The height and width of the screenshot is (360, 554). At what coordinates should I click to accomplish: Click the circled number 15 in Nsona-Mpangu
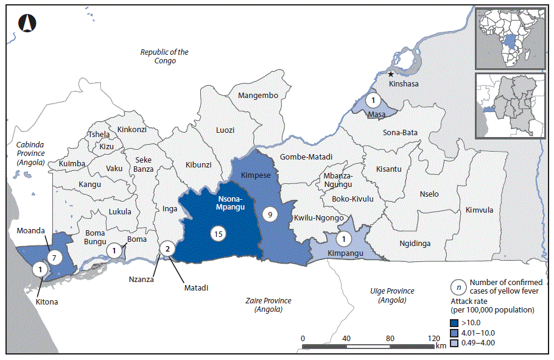(x=217, y=233)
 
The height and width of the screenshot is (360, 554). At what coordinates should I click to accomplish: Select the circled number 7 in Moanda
(x=54, y=258)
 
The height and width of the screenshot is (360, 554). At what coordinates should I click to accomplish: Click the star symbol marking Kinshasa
(x=391, y=74)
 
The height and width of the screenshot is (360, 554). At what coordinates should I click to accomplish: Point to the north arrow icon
(x=26, y=23)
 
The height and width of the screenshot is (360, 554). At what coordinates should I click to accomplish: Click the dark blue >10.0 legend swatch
(x=455, y=323)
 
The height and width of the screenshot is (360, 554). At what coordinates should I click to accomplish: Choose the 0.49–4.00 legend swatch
(x=455, y=342)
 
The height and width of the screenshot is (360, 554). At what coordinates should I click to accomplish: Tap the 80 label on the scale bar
(x=390, y=338)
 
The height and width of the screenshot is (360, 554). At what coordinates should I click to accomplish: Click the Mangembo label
(x=258, y=96)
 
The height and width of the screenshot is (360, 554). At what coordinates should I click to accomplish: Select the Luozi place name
(x=225, y=130)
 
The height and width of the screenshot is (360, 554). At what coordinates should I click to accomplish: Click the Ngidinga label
(x=415, y=243)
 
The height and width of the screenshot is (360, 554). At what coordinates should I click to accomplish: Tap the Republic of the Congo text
(x=164, y=57)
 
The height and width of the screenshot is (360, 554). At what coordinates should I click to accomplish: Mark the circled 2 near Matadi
(x=166, y=248)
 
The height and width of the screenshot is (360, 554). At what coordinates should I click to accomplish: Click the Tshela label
(x=99, y=135)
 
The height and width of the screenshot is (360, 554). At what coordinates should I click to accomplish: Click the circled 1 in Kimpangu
(x=345, y=239)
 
